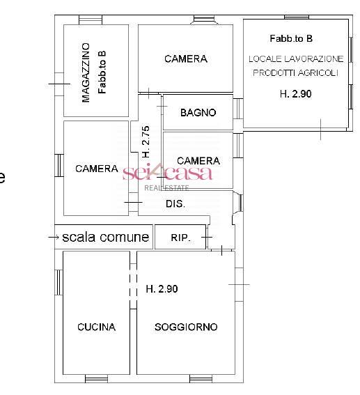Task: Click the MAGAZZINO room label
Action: pos(86,72)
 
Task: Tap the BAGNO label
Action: pos(198,113)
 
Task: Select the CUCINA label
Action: pos(96,327)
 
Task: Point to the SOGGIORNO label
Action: pos(186,327)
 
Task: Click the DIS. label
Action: pos(175,204)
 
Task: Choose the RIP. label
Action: pos(180,238)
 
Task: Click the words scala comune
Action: pos(105,237)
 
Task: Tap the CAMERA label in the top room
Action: pos(186,59)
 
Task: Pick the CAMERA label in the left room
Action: pos(96,169)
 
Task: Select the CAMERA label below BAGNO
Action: pos(198,161)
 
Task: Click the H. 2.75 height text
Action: pos(146,140)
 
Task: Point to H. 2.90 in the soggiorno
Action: pos(162,289)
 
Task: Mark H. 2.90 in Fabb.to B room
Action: pos(295,93)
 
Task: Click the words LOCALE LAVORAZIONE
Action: pos(296,59)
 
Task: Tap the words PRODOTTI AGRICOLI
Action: pos(296,72)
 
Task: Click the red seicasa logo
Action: pos(167,172)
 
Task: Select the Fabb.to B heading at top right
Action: pos(291,38)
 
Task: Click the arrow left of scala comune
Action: pos(54,238)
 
